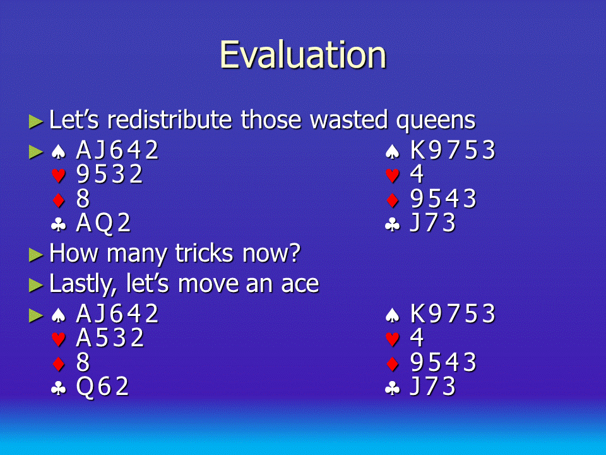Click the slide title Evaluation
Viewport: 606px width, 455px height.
[x=303, y=55]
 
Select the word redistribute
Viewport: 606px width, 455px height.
[x=170, y=119]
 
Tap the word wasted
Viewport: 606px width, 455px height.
[x=349, y=119]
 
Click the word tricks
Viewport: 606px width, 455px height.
[x=204, y=253]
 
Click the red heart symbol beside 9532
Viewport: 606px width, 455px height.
[x=58, y=176]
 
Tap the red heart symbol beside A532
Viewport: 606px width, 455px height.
[x=58, y=339]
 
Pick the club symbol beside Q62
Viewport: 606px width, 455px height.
[x=58, y=388]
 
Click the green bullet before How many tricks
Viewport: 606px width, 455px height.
[x=35, y=255]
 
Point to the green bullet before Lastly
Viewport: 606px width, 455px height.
[x=35, y=285]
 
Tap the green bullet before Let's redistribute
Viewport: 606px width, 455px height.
[x=35, y=121]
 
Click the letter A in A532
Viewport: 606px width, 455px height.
[x=84, y=338]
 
